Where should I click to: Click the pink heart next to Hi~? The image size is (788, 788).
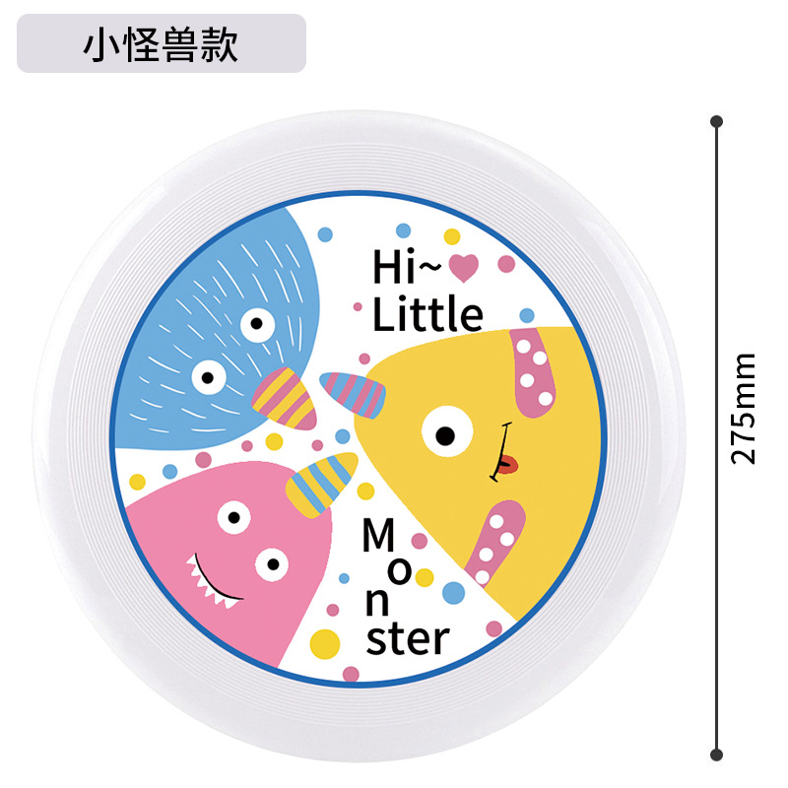pyautogui.click(x=463, y=265)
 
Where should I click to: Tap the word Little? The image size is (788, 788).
pyautogui.click(x=427, y=314)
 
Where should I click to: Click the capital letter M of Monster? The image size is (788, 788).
pyautogui.click(x=377, y=537)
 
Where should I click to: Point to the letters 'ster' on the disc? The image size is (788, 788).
pyautogui.click(x=407, y=638)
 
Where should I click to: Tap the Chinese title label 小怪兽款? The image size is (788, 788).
pyautogui.click(x=161, y=44)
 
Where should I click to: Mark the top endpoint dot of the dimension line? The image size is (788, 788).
pyautogui.click(x=717, y=121)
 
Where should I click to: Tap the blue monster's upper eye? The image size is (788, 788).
pyautogui.click(x=257, y=323)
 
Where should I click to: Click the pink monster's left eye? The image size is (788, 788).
pyautogui.click(x=233, y=515)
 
